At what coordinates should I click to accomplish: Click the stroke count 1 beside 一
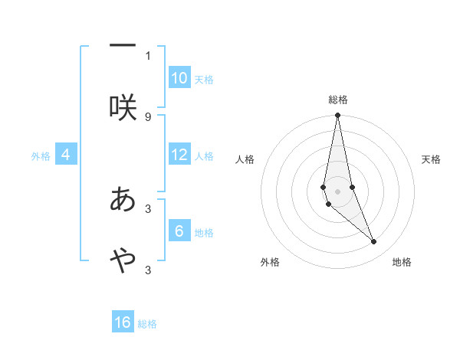148,55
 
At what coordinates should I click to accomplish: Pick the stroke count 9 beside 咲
148,116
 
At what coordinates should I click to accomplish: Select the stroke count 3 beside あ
148,208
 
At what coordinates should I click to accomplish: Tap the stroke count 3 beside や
148,270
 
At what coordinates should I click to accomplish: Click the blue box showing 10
179,78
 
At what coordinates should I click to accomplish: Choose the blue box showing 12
179,155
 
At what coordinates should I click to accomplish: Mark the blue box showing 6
179,231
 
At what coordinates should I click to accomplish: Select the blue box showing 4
66,155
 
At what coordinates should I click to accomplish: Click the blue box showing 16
123,322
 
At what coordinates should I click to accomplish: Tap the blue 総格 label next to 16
147,324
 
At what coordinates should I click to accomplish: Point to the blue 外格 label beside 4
41,156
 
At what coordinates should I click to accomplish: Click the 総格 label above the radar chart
338,100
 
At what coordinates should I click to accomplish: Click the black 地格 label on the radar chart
402,262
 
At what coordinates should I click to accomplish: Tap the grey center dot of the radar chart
338,191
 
